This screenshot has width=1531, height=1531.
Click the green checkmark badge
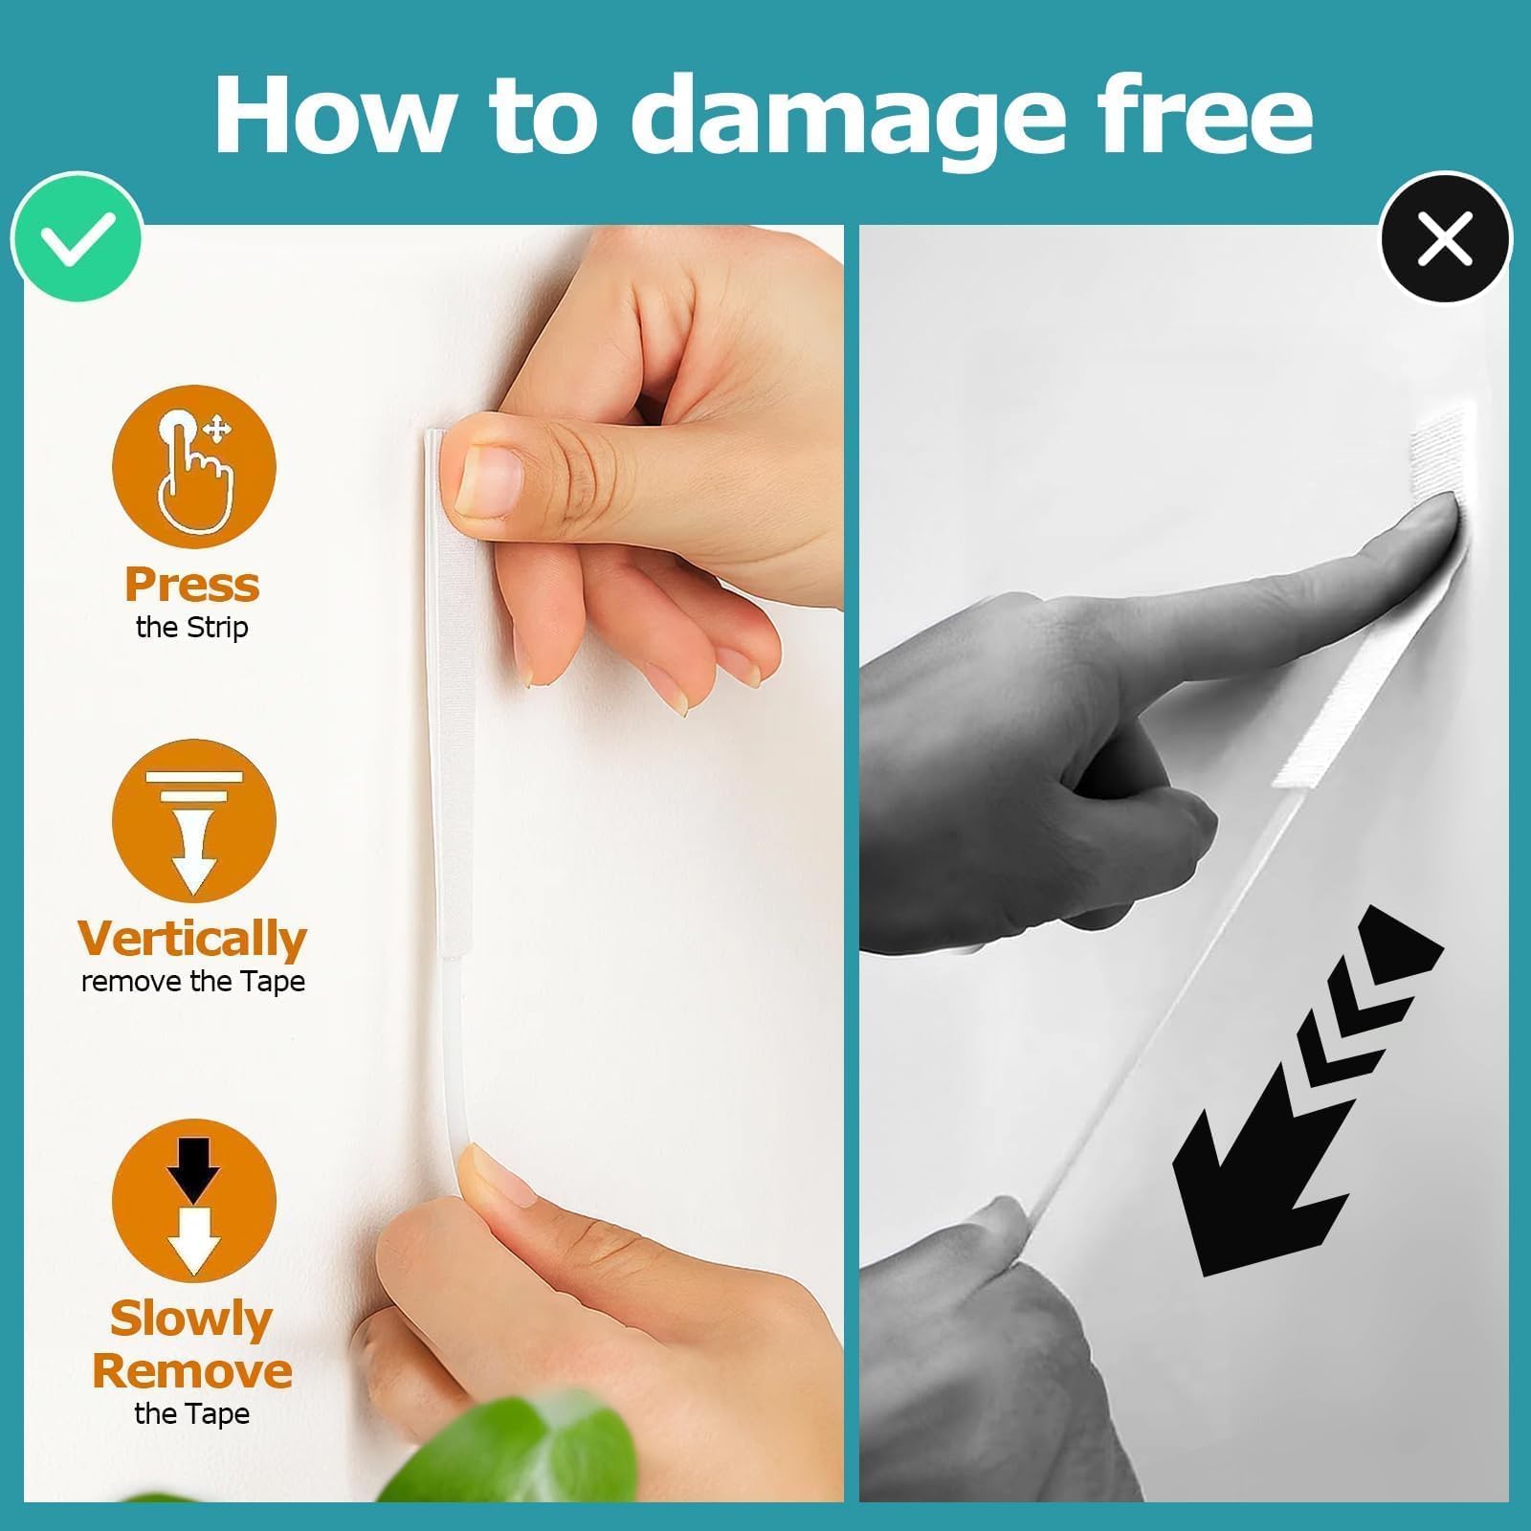click(77, 237)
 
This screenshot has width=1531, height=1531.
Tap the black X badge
click(1445, 237)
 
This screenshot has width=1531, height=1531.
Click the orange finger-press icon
click(194, 467)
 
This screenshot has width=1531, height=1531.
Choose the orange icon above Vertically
click(194, 821)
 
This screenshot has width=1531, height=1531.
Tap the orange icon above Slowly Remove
click(194, 1201)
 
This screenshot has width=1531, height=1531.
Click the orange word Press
click(192, 585)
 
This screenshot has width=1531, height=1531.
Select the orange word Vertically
click(192, 939)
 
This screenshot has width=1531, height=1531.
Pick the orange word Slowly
click(191, 1320)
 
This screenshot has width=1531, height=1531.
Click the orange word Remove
click(192, 1371)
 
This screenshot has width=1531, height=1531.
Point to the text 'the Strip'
click(192, 628)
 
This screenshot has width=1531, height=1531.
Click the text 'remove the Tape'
click(193, 982)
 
